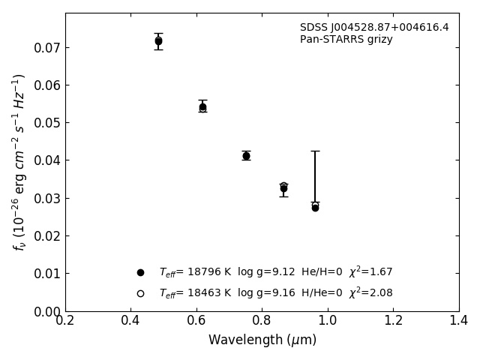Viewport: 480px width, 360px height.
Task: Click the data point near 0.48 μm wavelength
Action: (158, 41)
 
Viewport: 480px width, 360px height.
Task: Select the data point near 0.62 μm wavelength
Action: (202, 106)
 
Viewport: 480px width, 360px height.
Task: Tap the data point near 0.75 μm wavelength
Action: (246, 156)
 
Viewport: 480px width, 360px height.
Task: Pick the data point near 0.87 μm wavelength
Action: (283, 188)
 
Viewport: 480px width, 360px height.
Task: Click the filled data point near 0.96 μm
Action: (315, 208)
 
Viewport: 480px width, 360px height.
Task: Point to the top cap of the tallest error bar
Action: (315, 151)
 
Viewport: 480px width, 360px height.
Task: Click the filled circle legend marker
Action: (140, 272)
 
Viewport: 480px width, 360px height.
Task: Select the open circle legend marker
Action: (140, 293)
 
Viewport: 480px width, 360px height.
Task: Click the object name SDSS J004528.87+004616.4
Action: (374, 28)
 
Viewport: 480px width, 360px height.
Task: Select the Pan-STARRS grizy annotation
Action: (346, 40)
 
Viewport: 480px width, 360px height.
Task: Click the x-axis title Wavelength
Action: (262, 340)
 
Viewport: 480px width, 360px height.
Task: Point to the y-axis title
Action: (19, 162)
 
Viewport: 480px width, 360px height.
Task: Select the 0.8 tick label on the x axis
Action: (262, 321)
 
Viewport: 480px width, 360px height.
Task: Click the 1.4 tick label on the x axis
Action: (459, 321)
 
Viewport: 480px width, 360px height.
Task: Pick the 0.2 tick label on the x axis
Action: (65, 321)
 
